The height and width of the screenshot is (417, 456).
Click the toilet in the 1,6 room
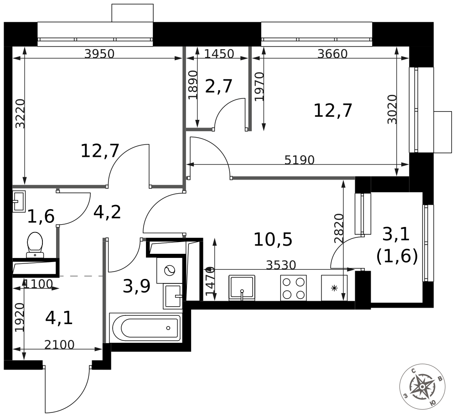point(35,245)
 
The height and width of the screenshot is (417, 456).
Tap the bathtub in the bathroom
point(145,328)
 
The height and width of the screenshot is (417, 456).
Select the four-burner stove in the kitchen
point(293,288)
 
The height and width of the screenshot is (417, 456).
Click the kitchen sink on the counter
point(242,288)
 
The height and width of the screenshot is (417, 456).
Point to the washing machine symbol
point(170,270)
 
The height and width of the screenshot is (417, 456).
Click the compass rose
point(422,386)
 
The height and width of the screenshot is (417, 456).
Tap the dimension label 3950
point(99,54)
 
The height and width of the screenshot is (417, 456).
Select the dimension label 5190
point(299,160)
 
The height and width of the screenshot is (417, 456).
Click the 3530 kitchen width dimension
point(281,265)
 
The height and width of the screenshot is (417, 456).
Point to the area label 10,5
point(273,240)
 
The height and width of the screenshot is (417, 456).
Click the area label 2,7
point(219,86)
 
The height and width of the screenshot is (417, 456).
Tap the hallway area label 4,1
point(59,318)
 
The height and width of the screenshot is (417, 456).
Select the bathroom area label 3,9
point(136,286)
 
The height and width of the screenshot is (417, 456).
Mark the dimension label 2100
point(59,345)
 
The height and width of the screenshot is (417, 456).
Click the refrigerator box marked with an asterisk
point(334,288)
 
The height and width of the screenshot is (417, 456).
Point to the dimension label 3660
point(332,54)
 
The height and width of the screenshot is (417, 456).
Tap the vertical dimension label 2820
point(339,228)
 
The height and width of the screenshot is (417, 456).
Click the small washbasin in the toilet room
point(19,201)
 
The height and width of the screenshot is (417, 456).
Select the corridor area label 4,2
point(107,212)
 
